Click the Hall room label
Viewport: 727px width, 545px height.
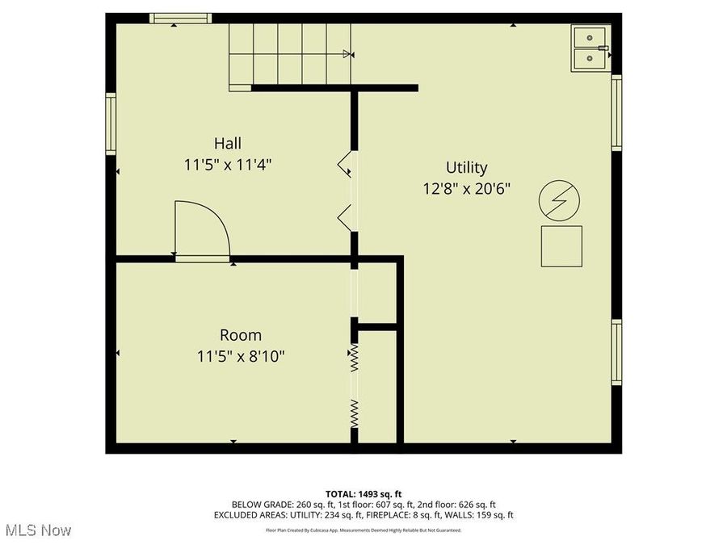click(227, 143)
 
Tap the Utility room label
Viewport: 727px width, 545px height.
click(467, 167)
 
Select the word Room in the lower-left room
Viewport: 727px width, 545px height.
click(241, 334)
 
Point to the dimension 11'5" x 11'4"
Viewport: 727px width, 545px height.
click(227, 164)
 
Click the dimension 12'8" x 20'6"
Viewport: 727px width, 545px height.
click(467, 188)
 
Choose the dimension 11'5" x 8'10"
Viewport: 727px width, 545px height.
click(241, 355)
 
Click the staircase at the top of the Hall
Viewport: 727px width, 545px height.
click(289, 52)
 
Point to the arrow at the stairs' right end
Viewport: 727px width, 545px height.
click(348, 54)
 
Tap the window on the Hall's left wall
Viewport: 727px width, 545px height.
click(111, 124)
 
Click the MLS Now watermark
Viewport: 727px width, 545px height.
click(38, 530)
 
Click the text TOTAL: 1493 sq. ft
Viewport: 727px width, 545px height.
click(363, 493)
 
